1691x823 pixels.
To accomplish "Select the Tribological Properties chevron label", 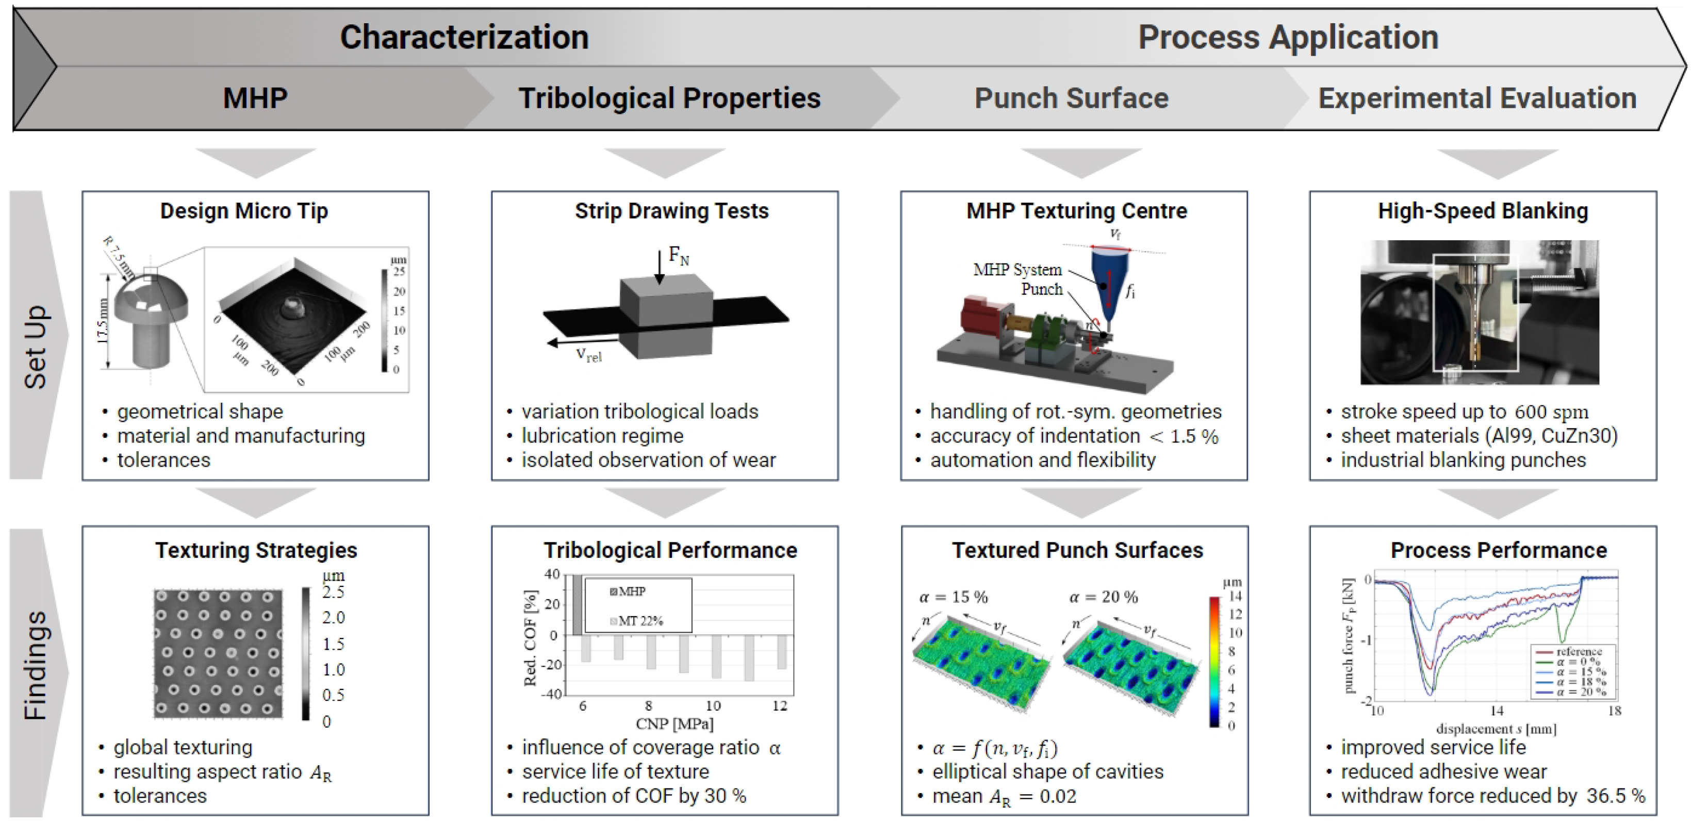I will click(669, 98).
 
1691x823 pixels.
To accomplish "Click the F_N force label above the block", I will click(678, 256).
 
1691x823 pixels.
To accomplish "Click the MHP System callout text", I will click(1017, 270).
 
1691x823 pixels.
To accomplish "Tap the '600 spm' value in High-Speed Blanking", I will click(1551, 412).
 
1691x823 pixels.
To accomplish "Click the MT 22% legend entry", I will click(639, 621).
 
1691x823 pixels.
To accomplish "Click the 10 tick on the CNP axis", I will click(713, 706).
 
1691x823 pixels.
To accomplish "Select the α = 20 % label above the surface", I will click(1103, 597).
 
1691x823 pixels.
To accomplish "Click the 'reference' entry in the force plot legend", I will click(1578, 652).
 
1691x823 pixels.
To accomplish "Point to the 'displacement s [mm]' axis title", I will click(1496, 729).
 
